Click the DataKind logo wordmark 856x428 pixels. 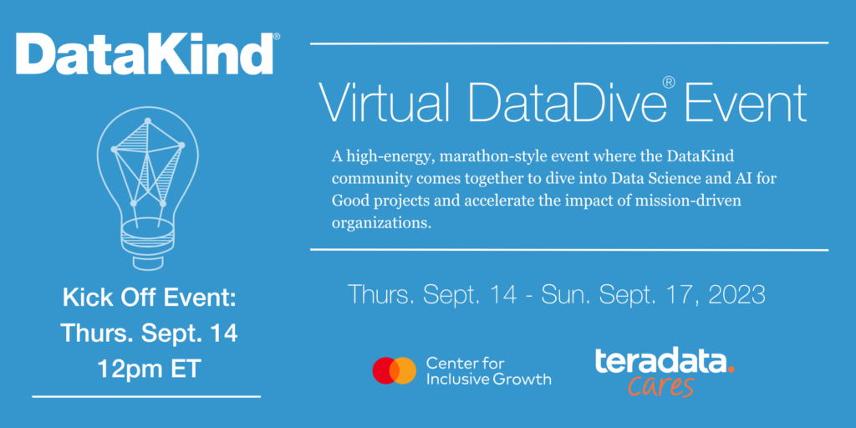[144, 54]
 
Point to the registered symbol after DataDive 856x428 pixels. [669, 83]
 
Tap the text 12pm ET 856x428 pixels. [149, 369]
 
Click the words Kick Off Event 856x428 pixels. [149, 298]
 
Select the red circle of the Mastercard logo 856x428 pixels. [385, 370]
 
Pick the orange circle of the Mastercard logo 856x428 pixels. [405, 370]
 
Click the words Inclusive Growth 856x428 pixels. [488, 379]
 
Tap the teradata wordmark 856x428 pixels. [660, 361]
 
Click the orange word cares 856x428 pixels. [660, 386]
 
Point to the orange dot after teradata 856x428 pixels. [731, 370]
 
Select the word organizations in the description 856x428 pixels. [377, 224]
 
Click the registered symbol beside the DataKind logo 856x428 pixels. [276, 37]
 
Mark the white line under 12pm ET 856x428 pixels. [146, 395]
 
